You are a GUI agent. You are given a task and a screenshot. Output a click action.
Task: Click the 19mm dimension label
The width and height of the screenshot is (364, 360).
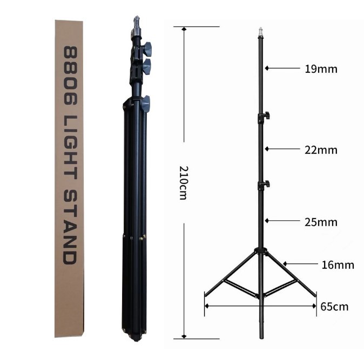click(321, 69)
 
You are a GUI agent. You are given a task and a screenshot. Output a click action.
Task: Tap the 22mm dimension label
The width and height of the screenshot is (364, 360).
click(321, 150)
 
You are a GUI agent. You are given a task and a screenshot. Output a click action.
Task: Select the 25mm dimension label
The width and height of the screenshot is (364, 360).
click(321, 222)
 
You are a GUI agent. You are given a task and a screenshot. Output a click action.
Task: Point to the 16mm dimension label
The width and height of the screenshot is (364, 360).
click(338, 264)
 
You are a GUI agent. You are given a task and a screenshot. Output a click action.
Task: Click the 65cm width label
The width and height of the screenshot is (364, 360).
click(334, 307)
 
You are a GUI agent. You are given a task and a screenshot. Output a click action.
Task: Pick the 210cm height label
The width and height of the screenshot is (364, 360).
click(183, 184)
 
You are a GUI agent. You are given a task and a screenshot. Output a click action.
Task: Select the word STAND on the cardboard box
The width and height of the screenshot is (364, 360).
click(70, 227)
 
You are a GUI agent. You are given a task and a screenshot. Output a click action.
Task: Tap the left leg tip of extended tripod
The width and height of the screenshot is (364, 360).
click(205, 295)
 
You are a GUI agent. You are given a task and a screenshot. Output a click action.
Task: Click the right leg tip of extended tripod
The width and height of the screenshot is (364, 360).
click(315, 295)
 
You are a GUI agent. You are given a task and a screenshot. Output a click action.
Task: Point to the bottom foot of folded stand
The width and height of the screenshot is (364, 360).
click(135, 338)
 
